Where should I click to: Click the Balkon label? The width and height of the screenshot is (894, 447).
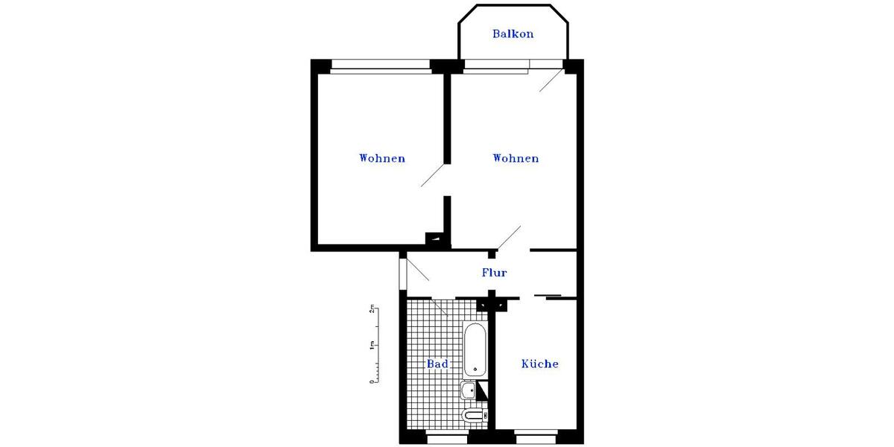click(x=513, y=34)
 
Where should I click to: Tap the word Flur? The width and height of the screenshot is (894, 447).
click(x=495, y=273)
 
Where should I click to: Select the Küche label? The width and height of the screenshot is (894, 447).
click(x=540, y=364)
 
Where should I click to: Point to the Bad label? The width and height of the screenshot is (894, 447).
click(x=437, y=364)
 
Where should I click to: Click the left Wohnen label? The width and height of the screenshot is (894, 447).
click(x=382, y=159)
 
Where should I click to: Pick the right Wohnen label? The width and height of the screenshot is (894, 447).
click(x=516, y=159)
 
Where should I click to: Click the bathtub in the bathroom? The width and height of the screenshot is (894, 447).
click(x=475, y=349)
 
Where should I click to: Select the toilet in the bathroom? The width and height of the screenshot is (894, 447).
click(x=473, y=415)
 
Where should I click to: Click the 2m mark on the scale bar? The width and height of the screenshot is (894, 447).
click(x=370, y=309)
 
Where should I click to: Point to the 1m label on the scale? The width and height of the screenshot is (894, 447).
click(x=370, y=346)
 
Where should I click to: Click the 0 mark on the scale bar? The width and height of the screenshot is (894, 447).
click(x=371, y=381)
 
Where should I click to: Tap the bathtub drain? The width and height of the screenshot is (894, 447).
click(x=475, y=370)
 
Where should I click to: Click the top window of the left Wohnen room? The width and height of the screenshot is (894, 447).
click(x=381, y=66)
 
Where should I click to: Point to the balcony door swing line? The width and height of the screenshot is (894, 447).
click(x=552, y=79)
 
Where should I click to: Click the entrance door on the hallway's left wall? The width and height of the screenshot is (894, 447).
click(x=403, y=272)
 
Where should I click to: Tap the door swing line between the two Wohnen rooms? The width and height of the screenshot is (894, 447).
click(x=433, y=176)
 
